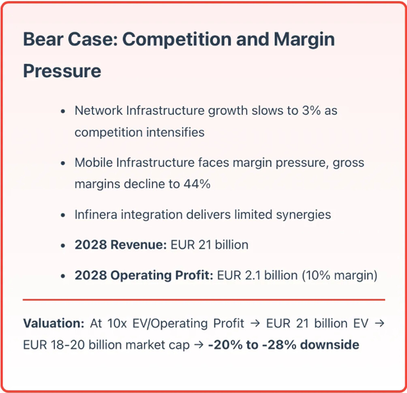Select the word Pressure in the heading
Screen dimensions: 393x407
(x=62, y=71)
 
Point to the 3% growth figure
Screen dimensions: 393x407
(x=310, y=110)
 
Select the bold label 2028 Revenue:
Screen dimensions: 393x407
(x=120, y=245)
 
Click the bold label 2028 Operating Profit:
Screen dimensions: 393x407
(x=144, y=276)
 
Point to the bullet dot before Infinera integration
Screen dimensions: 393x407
(x=63, y=215)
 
